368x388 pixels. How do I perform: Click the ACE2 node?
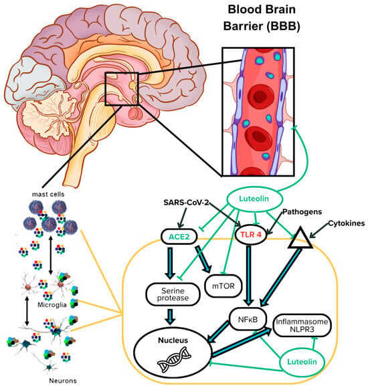click(x=179, y=237)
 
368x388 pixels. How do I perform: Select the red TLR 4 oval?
click(x=251, y=234)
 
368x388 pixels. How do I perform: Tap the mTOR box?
click(x=223, y=286)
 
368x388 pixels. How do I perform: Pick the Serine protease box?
click(x=173, y=294)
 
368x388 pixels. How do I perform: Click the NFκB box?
click(x=248, y=319)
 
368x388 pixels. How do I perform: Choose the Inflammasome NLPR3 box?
click(x=302, y=325)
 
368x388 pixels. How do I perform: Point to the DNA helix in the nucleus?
click(x=175, y=359)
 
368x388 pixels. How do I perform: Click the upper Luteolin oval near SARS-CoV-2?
click(x=254, y=199)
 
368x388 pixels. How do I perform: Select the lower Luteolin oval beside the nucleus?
click(x=302, y=362)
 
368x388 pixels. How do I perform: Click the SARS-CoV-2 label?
click(x=186, y=203)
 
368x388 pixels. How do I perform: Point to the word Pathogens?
click(x=302, y=212)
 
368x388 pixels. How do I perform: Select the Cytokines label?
click(x=346, y=223)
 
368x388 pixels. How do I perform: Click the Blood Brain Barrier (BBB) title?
click(x=262, y=18)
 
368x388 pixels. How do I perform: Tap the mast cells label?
click(x=48, y=194)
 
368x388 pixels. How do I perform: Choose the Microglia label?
click(x=52, y=305)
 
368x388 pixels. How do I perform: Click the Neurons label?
click(x=63, y=381)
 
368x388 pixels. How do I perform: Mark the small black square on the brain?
click(x=121, y=89)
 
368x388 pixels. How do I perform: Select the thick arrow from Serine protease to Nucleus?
click(x=170, y=316)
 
